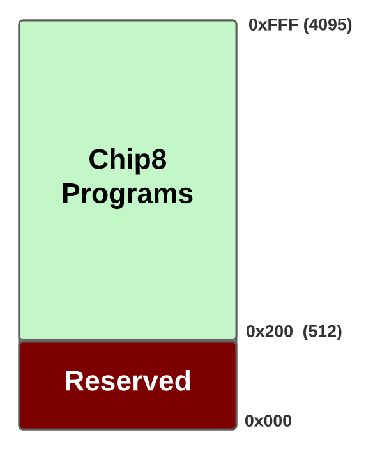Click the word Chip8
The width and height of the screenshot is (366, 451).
(x=127, y=160)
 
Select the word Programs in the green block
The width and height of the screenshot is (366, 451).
(x=127, y=194)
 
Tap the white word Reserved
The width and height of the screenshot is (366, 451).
(x=128, y=381)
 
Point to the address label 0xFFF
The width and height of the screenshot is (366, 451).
(x=273, y=25)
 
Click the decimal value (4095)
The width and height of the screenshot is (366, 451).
(x=328, y=25)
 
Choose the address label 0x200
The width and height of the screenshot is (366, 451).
(x=269, y=332)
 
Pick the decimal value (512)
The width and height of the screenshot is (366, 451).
(x=322, y=332)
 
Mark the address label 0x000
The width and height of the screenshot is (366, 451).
(x=268, y=421)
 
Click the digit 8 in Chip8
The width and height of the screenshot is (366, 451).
(x=158, y=160)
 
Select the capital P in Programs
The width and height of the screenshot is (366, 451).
(x=71, y=194)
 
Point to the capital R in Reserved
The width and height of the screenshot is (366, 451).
(x=74, y=381)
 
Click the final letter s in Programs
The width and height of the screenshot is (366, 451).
(x=186, y=194)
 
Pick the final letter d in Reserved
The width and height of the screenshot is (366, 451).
(x=183, y=381)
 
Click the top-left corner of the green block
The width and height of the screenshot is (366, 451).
(x=20, y=22)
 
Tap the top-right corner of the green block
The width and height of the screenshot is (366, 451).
(x=236, y=22)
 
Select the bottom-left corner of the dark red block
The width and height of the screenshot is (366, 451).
(x=20, y=428)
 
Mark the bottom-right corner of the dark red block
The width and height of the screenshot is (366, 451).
(x=236, y=428)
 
